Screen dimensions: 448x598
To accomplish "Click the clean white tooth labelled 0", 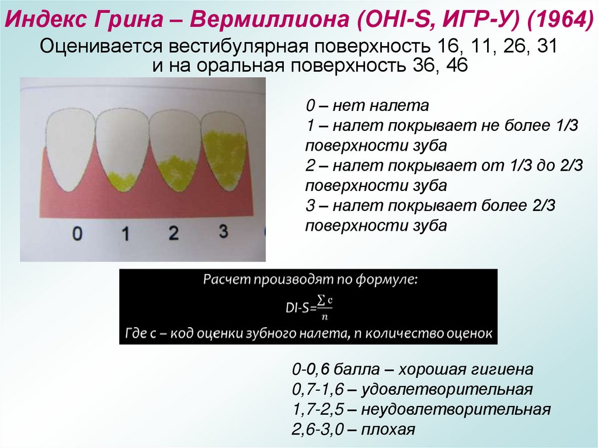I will point(69,149).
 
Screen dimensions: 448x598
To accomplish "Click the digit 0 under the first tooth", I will point(77,234).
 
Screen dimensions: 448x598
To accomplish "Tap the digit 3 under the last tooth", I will point(223,232).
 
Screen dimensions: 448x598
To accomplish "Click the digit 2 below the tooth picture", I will point(173,234).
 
